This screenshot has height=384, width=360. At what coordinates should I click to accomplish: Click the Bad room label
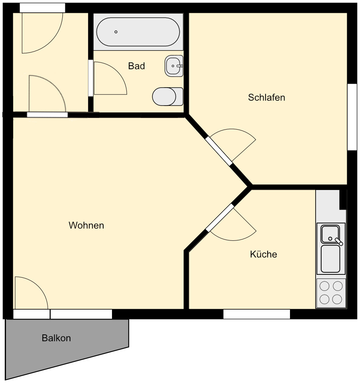coord(136,66)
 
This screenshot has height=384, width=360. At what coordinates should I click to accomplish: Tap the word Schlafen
coord(266,97)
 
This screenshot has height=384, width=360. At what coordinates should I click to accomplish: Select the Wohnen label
coord(86,226)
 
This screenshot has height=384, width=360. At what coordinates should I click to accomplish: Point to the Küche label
coord(264,254)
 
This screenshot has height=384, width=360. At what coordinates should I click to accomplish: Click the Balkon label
coord(56,338)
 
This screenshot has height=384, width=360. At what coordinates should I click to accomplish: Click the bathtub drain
coord(116,32)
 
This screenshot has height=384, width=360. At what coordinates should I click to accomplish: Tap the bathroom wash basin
coord(174,66)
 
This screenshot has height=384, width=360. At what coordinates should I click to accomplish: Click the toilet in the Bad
coord(167,96)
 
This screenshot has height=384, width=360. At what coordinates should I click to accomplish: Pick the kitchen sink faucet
coord(339,241)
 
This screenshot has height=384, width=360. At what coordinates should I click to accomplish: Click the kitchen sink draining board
coord(330,258)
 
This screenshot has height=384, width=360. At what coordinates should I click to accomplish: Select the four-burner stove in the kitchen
coord(331,293)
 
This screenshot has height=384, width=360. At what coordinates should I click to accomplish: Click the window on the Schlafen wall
coord(352,117)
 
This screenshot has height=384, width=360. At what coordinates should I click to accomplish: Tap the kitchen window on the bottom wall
coord(256,314)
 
